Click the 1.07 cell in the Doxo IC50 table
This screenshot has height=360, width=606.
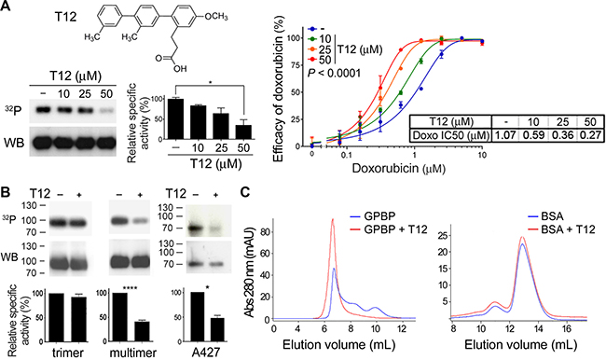pyautogui.click(x=504, y=135)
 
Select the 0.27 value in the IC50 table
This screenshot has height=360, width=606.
pyautogui.click(x=590, y=135)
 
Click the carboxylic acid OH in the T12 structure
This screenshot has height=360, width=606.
pyautogui.click(x=180, y=69)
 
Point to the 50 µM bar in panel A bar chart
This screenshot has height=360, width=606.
pyautogui.click(x=243, y=132)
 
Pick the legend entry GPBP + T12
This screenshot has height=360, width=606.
pyautogui.click(x=395, y=229)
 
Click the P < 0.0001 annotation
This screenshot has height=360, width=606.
pyautogui.click(x=334, y=73)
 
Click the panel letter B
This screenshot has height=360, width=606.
pyautogui.click(x=7, y=192)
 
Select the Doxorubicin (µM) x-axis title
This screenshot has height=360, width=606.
pyautogui.click(x=398, y=169)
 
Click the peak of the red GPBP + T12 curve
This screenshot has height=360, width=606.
pyautogui.click(x=332, y=219)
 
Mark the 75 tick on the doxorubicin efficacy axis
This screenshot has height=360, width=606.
pyautogui.click(x=296, y=65)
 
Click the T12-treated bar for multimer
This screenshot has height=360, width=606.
pyautogui.click(x=141, y=332)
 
